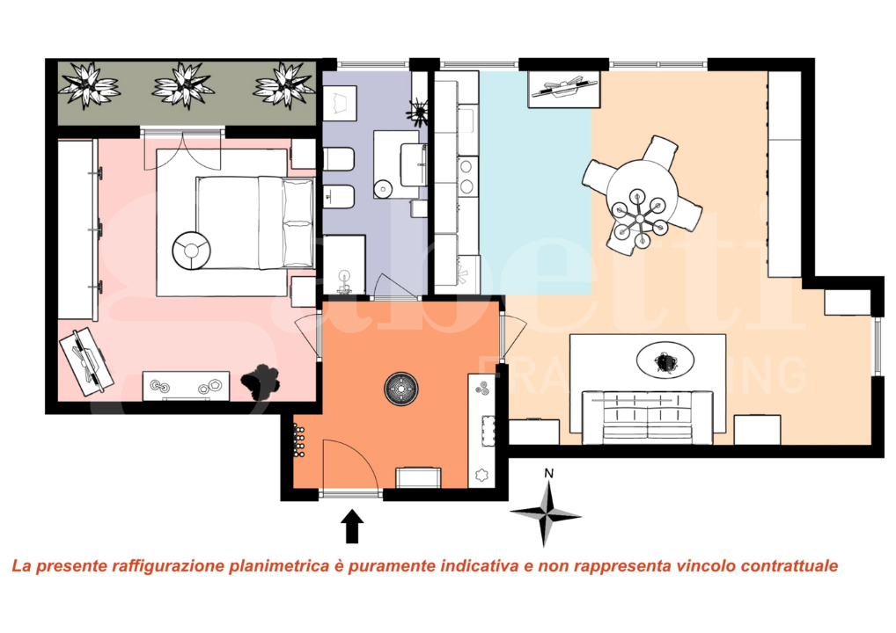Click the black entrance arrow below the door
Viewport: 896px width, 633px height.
[352, 527]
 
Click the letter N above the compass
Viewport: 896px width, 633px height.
[548, 474]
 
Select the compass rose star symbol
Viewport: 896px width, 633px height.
[546, 514]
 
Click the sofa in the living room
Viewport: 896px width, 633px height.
[647, 415]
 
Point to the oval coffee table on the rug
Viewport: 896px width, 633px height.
[665, 360]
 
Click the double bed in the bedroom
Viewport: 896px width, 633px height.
[255, 222]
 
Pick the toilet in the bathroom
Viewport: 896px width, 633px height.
[340, 159]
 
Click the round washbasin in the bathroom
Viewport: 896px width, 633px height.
[382, 188]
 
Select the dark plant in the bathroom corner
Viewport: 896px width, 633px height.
[416, 111]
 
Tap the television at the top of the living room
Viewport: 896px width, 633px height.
[564, 87]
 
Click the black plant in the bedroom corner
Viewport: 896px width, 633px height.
[260, 380]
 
